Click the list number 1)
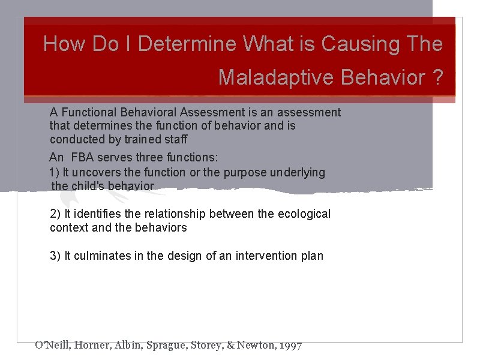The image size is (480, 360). pos(55,173)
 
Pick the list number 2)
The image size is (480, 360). pos(55,214)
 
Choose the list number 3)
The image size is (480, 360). pos(55,256)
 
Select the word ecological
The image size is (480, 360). pos(304,214)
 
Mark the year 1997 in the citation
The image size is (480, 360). pos(290,345)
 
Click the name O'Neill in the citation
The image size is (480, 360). pos(52,345)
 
